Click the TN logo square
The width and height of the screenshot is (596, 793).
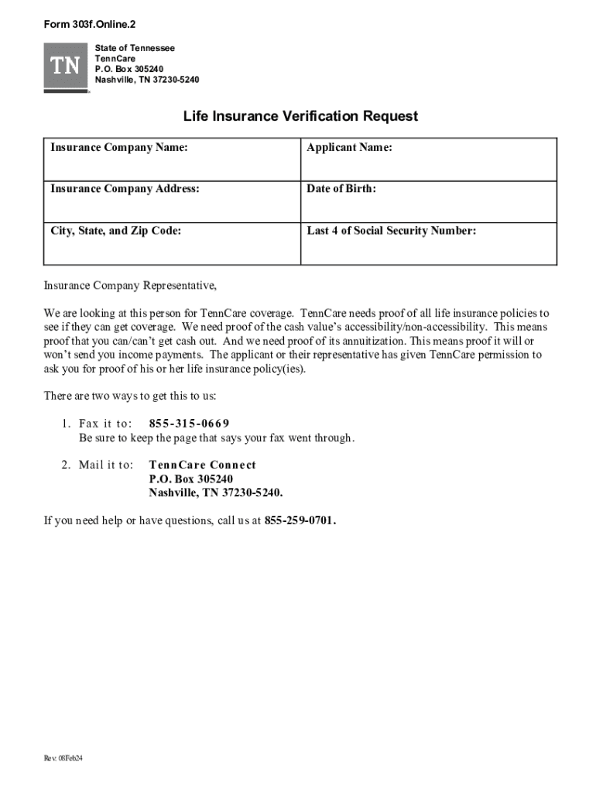point(67,67)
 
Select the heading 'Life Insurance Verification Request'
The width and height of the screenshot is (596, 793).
point(300,116)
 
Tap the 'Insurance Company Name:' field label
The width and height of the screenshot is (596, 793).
point(119,147)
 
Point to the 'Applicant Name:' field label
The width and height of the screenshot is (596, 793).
point(349,147)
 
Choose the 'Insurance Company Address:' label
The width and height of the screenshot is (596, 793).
point(125,188)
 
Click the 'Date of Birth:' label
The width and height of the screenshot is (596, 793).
point(341,188)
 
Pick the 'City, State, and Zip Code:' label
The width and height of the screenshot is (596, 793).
point(116,230)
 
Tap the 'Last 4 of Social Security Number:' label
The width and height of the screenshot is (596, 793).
point(392,230)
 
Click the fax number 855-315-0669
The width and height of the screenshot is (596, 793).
point(189,424)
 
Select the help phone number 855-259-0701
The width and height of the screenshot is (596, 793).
point(300,520)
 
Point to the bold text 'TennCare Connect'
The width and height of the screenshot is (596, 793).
point(202,465)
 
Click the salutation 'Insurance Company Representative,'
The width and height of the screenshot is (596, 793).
point(130,286)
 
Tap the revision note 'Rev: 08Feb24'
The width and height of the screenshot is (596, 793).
point(63,758)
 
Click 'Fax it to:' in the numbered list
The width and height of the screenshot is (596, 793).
point(105,424)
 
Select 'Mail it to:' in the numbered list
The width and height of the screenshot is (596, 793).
point(106,465)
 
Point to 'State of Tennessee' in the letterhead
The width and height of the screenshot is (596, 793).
point(135,48)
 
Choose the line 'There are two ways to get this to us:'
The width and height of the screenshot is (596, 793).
point(130,396)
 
